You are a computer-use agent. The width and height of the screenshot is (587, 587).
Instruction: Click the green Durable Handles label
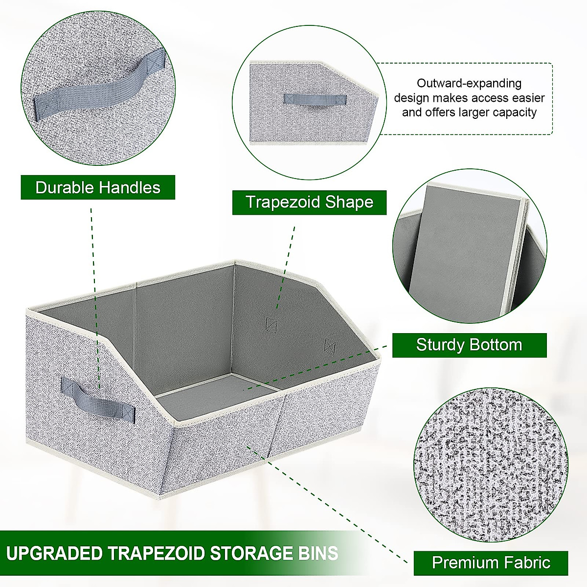pos(98,187)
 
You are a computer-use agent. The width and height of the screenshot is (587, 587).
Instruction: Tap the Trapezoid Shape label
pos(309,202)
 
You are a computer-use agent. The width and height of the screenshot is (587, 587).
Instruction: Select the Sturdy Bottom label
pos(469,345)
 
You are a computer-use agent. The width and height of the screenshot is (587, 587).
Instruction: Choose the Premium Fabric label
pos(491,563)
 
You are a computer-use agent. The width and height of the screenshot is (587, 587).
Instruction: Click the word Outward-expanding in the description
pos(469,83)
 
